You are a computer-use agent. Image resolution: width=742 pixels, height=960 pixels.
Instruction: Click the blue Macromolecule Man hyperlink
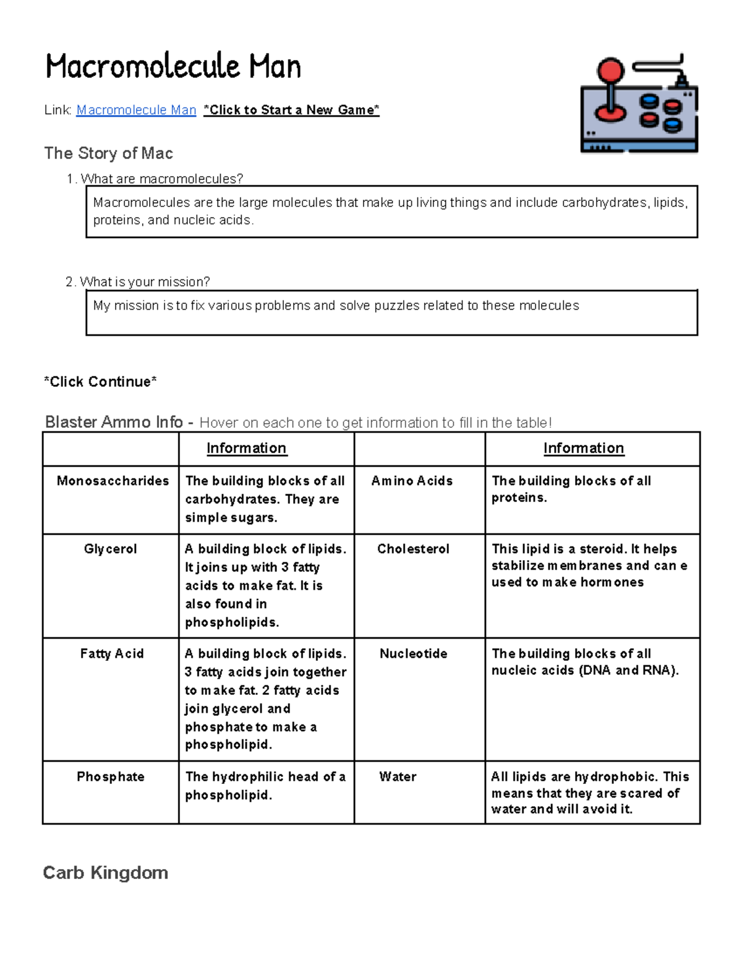pyautogui.click(x=136, y=110)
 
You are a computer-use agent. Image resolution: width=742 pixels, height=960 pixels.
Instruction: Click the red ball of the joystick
pyautogui.click(x=611, y=70)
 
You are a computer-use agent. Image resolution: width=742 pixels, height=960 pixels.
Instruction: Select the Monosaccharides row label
pyautogui.click(x=113, y=481)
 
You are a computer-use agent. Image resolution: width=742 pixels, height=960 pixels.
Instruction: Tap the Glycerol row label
pyautogui.click(x=110, y=549)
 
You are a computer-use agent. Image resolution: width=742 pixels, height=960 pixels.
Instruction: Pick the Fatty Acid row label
pyautogui.click(x=112, y=653)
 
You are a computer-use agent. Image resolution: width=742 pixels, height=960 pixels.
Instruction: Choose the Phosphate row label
pyautogui.click(x=110, y=776)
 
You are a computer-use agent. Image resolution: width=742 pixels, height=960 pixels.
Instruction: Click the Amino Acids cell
pyautogui.click(x=412, y=481)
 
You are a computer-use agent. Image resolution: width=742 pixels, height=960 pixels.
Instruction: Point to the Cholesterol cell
pyautogui.click(x=413, y=549)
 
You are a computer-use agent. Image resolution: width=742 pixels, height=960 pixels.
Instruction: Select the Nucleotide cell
pyautogui.click(x=413, y=653)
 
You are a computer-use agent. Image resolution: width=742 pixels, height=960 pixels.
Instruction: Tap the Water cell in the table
pyautogui.click(x=398, y=776)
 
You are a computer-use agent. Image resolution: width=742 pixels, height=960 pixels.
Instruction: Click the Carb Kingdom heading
pyautogui.click(x=105, y=873)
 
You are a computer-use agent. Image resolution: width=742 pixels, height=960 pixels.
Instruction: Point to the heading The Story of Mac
pyautogui.click(x=108, y=153)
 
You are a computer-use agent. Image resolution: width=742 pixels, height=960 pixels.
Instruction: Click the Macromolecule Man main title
pyautogui.click(x=173, y=67)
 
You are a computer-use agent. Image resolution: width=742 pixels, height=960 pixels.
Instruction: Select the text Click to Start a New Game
pyautogui.click(x=291, y=110)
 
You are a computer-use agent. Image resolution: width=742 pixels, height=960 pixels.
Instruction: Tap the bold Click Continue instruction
pyautogui.click(x=100, y=382)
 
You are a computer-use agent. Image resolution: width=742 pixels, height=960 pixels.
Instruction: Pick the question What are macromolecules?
pyautogui.click(x=161, y=179)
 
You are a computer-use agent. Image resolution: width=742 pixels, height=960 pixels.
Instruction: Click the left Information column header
pyautogui.click(x=246, y=448)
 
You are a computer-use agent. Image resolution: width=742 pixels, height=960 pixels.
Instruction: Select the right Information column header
pyautogui.click(x=584, y=448)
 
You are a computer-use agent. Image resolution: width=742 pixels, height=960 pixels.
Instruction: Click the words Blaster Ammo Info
pyautogui.click(x=114, y=422)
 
